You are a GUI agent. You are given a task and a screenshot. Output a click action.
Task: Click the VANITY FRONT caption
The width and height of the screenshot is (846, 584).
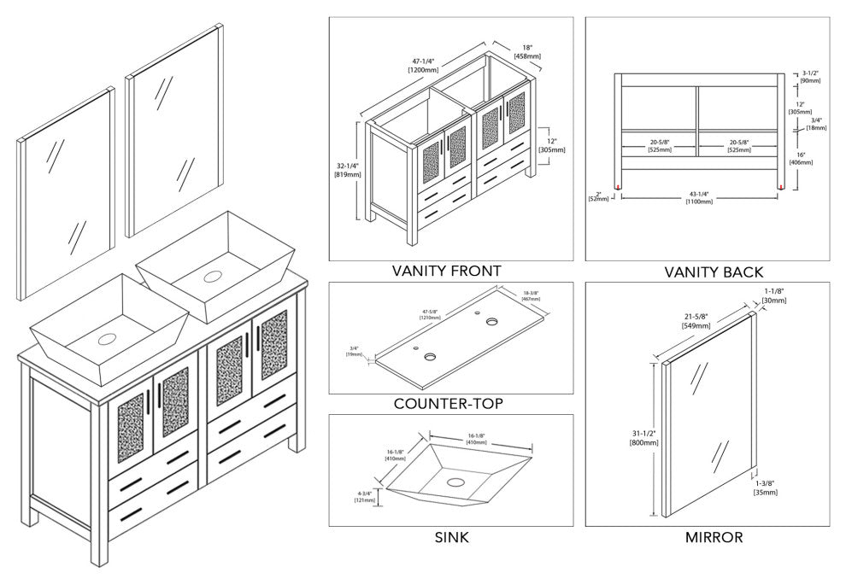[x=446, y=272]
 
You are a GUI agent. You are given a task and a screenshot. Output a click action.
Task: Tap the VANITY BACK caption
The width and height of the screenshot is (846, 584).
[x=714, y=272]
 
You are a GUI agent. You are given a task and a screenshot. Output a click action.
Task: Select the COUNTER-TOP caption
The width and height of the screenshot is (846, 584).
[x=448, y=404]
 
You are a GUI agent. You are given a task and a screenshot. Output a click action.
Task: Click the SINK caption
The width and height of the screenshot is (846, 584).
[x=451, y=538]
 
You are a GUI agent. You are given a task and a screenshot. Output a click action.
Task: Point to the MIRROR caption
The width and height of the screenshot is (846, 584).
[x=714, y=538]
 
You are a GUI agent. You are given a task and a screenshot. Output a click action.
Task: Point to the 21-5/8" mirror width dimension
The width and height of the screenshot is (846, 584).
[x=696, y=321]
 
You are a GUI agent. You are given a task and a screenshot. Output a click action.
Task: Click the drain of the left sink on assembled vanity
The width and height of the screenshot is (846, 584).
[x=107, y=339]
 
